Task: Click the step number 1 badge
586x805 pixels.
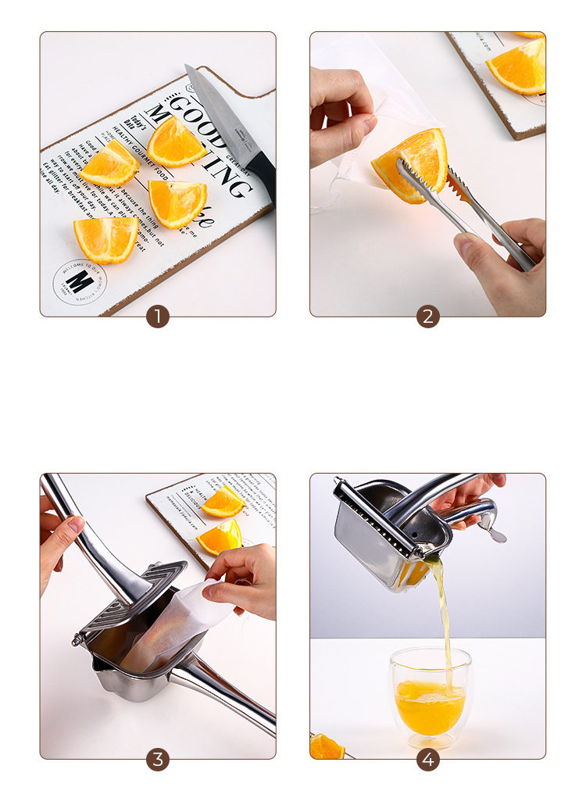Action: point(158,317)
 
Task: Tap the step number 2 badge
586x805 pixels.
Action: point(427,317)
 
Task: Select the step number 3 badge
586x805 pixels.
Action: point(158,759)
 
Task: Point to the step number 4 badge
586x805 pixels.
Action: point(427,759)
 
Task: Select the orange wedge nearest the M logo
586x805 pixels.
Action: point(105,239)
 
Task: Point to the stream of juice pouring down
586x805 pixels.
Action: point(441,617)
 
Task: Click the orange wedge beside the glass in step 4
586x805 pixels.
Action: point(327,747)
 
